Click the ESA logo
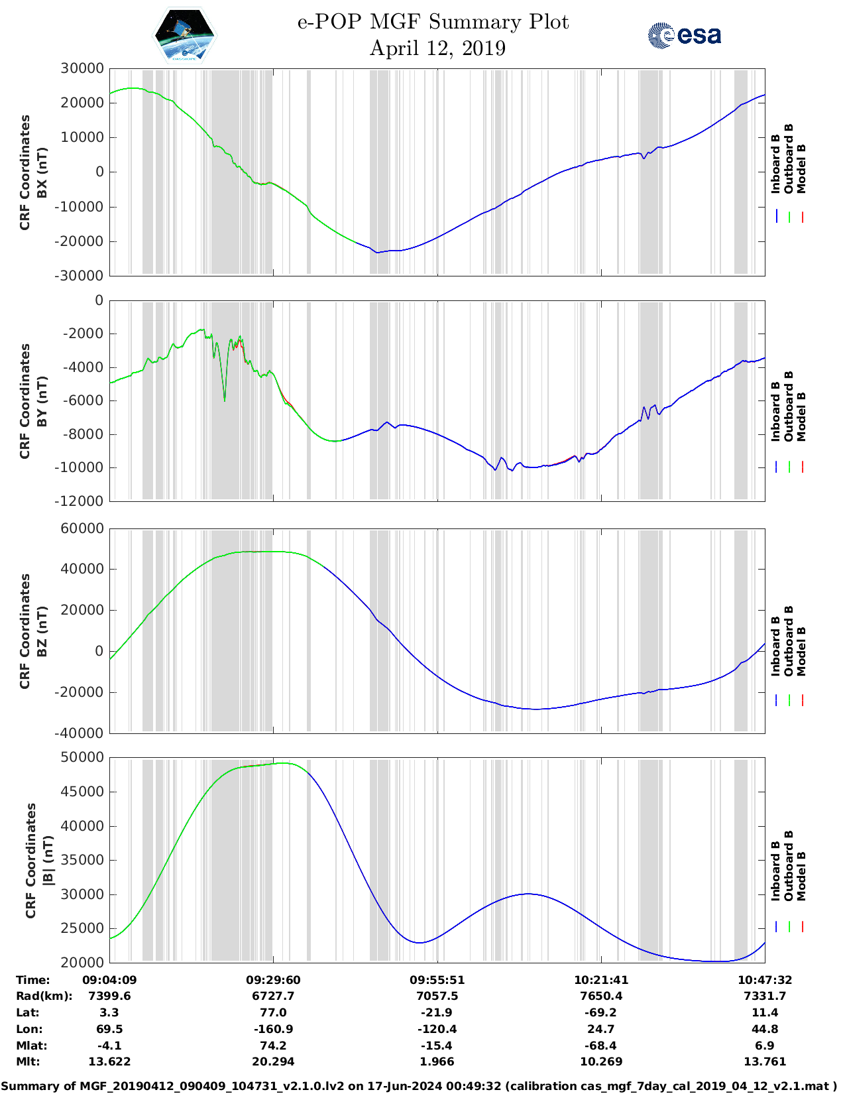(x=684, y=35)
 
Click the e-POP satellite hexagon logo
(x=185, y=35)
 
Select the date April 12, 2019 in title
(x=437, y=48)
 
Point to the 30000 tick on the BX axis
(x=82, y=68)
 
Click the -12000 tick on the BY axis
(x=82, y=501)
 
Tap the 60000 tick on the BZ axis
(x=82, y=528)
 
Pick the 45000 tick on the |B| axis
(x=82, y=792)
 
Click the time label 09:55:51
(x=437, y=980)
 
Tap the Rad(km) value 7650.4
(x=600, y=996)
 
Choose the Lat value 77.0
(x=273, y=1012)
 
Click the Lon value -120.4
(x=437, y=1029)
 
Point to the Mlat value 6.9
(x=764, y=1046)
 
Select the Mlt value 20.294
(x=273, y=1062)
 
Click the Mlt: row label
(x=28, y=1062)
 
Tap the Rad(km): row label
(x=44, y=996)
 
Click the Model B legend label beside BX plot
(x=801, y=168)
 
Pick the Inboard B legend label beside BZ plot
(x=775, y=646)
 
